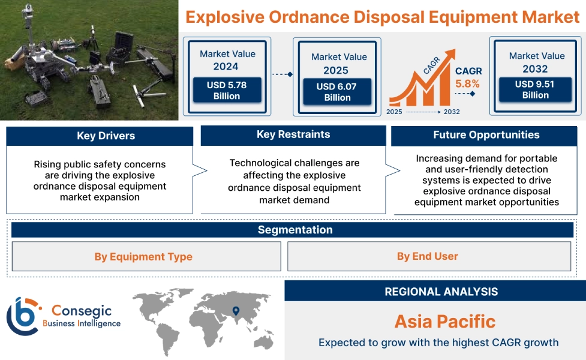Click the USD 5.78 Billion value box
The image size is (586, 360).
(227, 91)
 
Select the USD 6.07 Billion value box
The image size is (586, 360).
(337, 92)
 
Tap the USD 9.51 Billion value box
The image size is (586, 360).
(535, 89)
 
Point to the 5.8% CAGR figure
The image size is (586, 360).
(467, 83)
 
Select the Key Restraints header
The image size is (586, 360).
(293, 134)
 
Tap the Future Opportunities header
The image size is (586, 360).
(486, 135)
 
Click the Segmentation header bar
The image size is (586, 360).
(294, 230)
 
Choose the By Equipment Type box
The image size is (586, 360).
(143, 257)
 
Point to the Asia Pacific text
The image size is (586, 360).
(444, 321)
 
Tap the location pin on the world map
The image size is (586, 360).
(236, 310)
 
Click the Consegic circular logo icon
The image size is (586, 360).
(22, 316)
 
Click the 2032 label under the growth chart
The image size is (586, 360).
(451, 112)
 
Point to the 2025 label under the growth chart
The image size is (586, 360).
(395, 112)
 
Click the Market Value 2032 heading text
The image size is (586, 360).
(536, 62)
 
